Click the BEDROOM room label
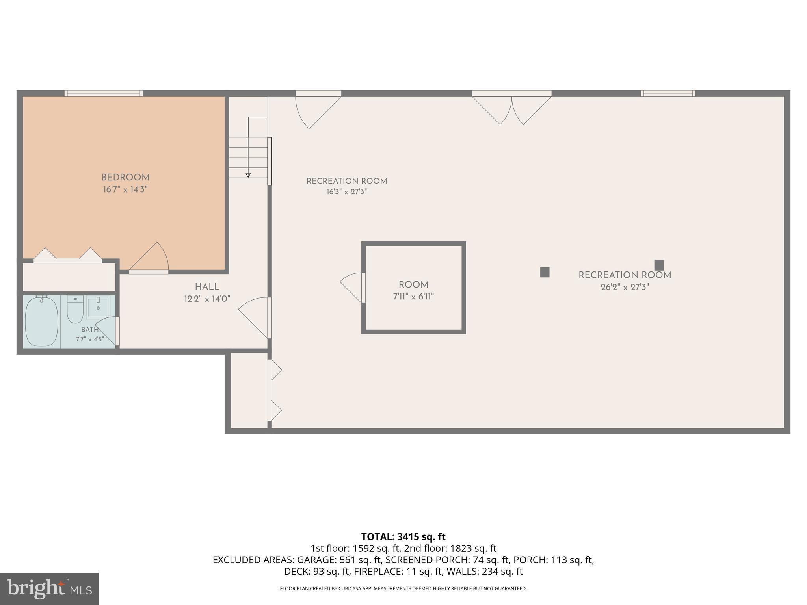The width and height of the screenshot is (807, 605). click(125, 178)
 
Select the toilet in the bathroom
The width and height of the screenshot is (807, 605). click(75, 310)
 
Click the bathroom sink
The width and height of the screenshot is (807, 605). click(98, 308)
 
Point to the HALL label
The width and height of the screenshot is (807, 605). click(207, 287)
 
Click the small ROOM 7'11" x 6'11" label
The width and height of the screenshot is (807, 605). click(413, 291)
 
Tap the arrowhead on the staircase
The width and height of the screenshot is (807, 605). click(248, 175)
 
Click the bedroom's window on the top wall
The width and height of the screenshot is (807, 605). click(104, 93)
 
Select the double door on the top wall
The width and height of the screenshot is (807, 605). click(511, 107)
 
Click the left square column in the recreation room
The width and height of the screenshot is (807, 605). click(545, 272)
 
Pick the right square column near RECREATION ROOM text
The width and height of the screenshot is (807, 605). click(659, 265)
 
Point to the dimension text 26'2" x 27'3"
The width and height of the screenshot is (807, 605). click(625, 287)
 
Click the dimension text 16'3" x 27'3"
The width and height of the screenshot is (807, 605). click(347, 192)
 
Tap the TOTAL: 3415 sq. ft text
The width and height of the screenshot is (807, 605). click(403, 537)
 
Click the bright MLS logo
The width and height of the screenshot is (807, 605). click(49, 589)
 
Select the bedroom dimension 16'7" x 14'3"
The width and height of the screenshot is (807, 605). click(125, 189)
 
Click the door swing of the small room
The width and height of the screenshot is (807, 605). click(352, 288)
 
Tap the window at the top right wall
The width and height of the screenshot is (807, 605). click(668, 93)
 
